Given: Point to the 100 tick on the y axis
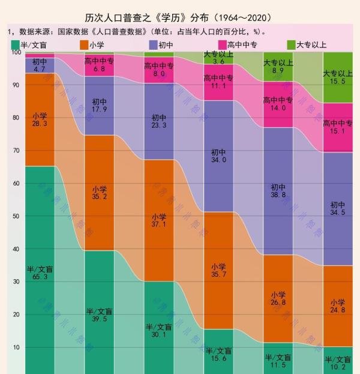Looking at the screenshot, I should [16, 53].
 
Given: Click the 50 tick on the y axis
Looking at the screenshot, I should [16, 216].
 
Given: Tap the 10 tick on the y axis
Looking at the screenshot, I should [16, 347].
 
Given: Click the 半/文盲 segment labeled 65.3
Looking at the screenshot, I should [40, 270].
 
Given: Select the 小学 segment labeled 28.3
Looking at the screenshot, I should [40, 119].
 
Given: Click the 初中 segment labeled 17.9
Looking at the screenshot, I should [99, 106].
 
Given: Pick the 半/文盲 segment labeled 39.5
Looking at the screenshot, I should [99, 312].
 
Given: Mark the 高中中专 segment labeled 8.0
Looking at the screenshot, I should [159, 70].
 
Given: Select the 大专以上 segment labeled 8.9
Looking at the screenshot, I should [278, 67].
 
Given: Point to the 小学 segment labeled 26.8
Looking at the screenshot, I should [278, 298].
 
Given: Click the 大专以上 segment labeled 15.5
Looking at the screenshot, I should [338, 77].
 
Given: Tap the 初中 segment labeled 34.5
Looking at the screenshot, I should [338, 209].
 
